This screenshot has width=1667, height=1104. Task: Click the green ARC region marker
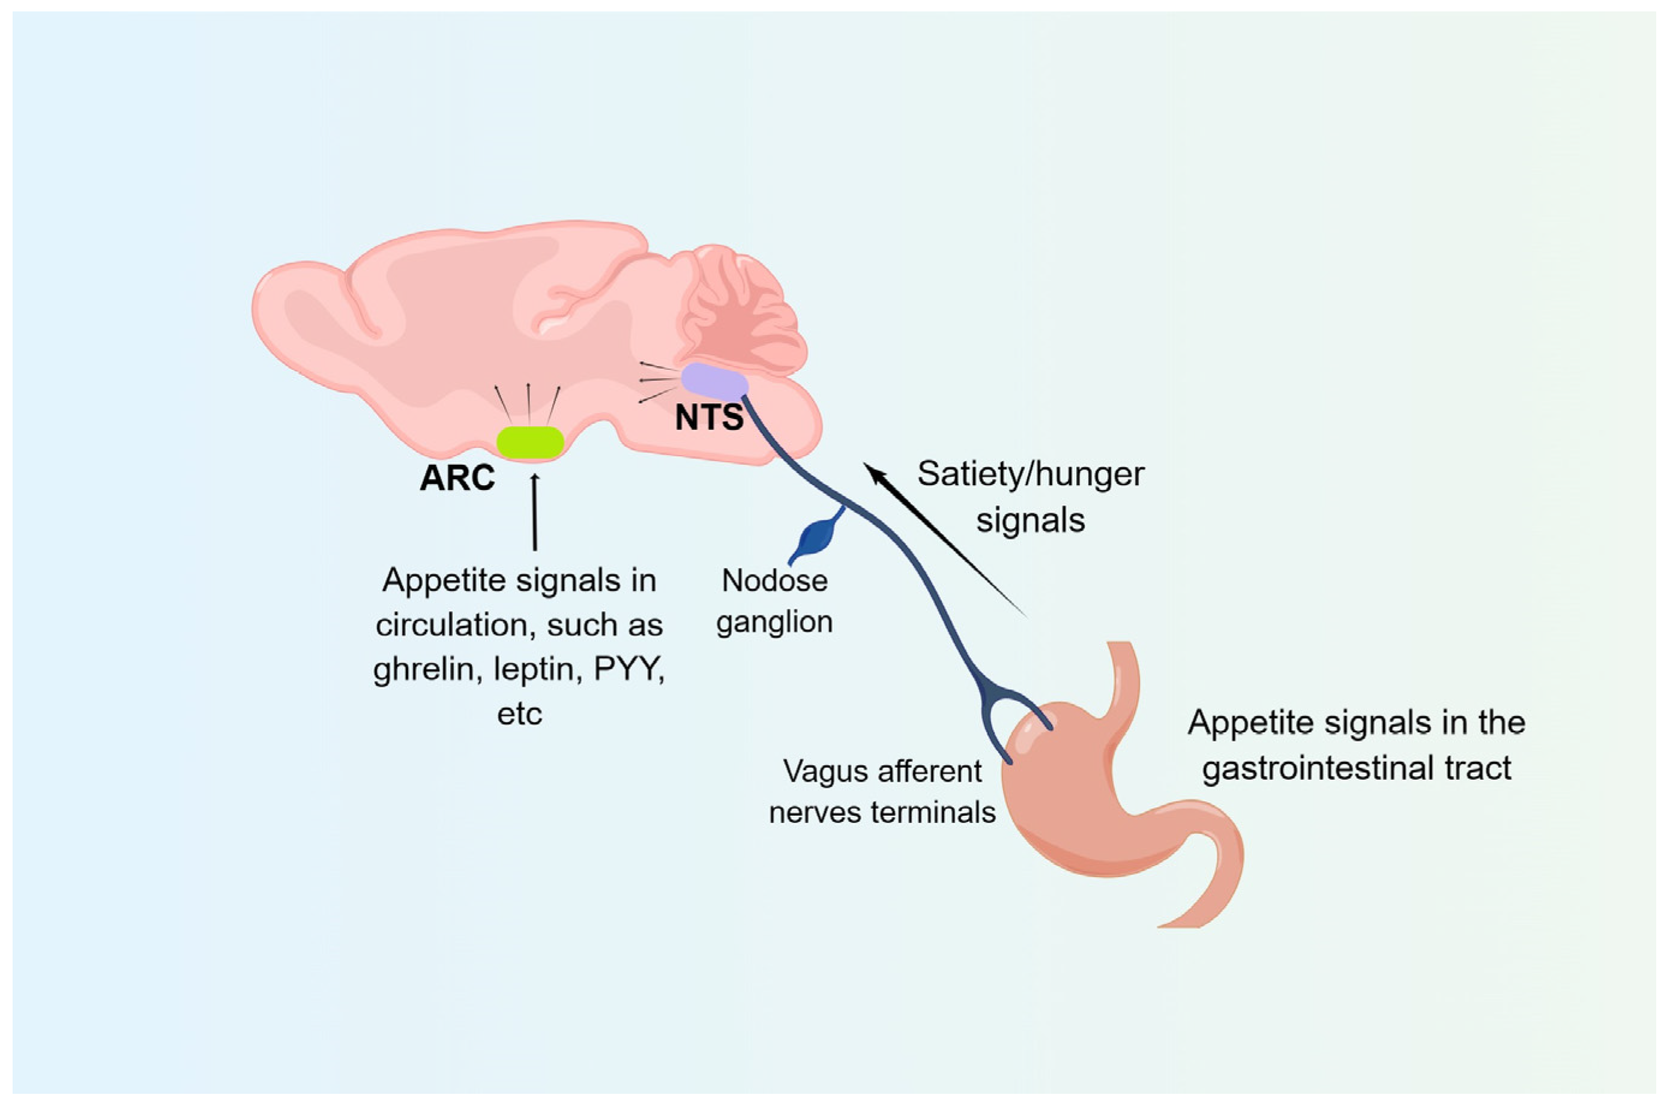[530, 442]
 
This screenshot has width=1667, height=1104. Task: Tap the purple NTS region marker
[714, 382]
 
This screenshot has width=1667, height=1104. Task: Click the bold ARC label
[457, 479]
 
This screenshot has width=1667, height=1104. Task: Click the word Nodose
[774, 581]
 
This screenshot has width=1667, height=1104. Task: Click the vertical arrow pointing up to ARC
[535, 512]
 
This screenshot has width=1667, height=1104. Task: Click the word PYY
[629, 668]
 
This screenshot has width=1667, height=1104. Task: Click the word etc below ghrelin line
[519, 714]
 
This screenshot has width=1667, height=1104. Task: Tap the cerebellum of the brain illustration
[743, 310]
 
